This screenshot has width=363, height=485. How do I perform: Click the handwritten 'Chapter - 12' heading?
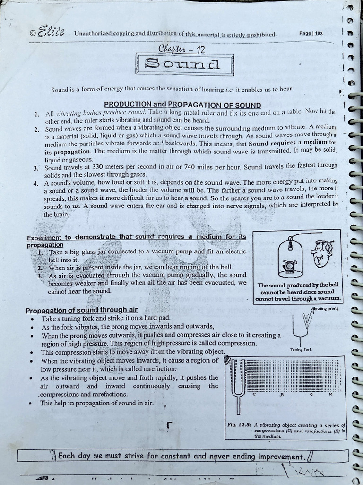pyautogui.click(x=182, y=49)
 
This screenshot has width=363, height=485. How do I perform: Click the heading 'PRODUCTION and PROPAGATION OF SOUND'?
pyautogui.click(x=182, y=105)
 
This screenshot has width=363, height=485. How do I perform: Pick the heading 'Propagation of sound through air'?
pyautogui.click(x=81, y=310)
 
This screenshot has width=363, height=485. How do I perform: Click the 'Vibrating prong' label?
pyautogui.click(x=324, y=309)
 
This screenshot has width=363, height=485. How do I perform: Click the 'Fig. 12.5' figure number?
pyautogui.click(x=239, y=425)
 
